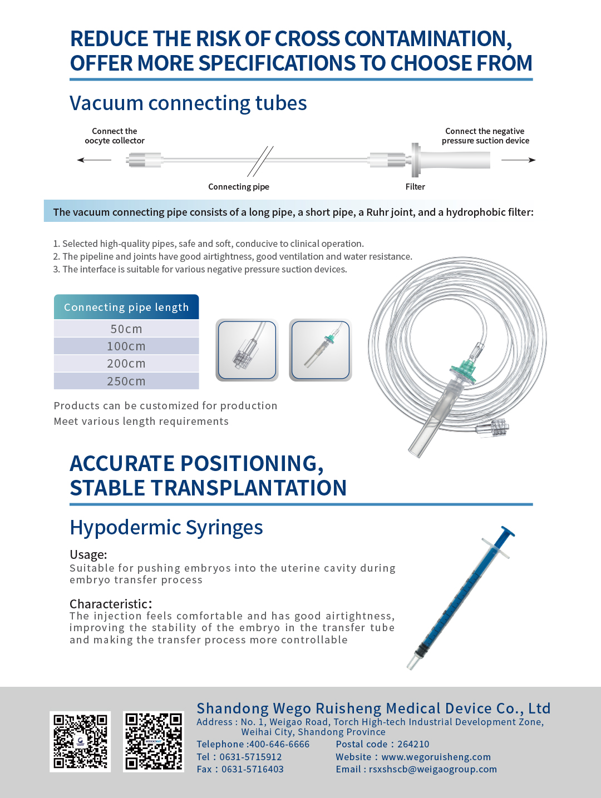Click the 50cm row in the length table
(126, 329)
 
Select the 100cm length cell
(126, 346)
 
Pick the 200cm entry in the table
(126, 364)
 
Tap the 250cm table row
(126, 381)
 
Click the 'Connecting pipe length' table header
(126, 307)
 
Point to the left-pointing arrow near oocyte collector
(94, 160)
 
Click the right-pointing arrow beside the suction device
(518, 160)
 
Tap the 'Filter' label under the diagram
(415, 187)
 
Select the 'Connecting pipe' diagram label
(239, 187)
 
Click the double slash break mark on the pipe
(260, 161)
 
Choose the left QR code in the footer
(80, 741)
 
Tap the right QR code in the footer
(154, 741)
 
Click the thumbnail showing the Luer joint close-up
(247, 350)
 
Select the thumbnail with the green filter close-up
(321, 350)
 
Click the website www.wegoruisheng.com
(436, 757)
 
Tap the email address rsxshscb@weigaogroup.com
(432, 769)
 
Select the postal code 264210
(413, 744)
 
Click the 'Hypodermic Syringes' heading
(166, 527)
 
